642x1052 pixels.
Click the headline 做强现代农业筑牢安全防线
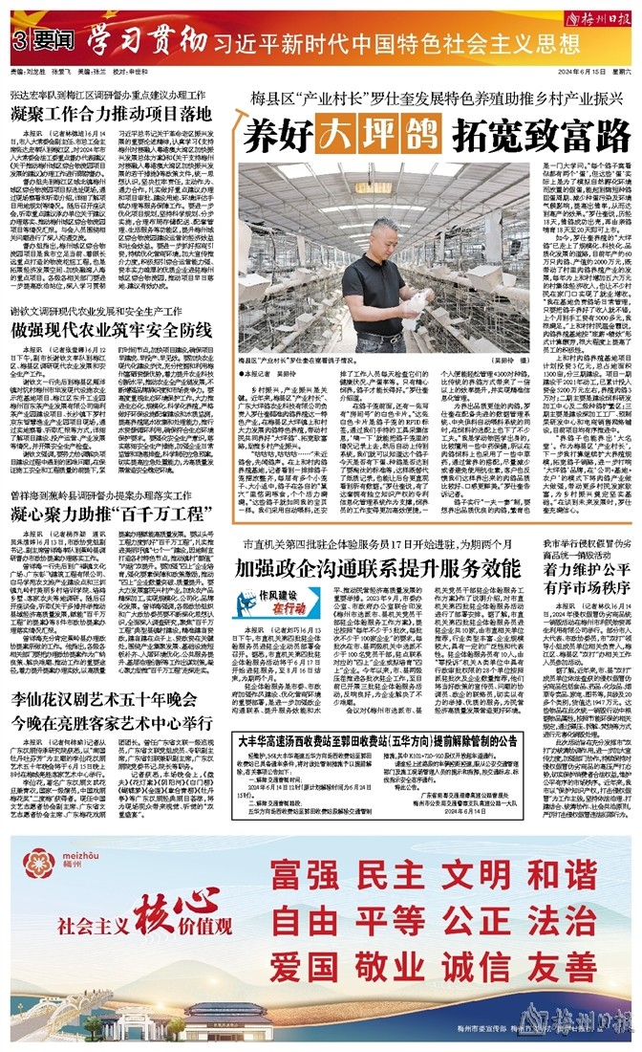pyautogui.click(x=117, y=330)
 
